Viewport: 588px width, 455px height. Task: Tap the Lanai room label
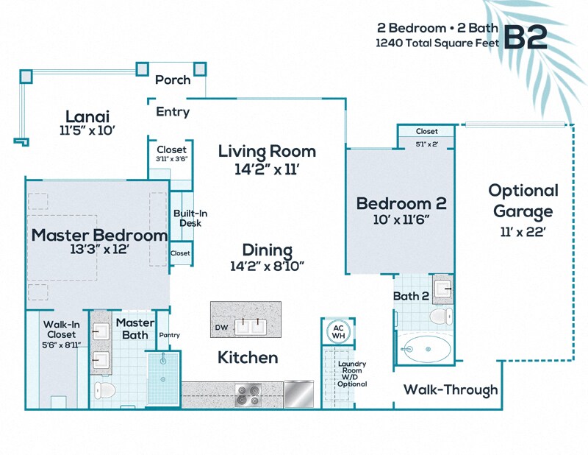[x=87, y=116]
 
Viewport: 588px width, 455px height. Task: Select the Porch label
[x=173, y=80]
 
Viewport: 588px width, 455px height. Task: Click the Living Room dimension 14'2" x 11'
[x=267, y=169]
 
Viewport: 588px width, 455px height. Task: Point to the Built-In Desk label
[x=187, y=218]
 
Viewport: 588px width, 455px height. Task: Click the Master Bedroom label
[x=99, y=236]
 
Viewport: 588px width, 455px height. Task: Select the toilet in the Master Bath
[x=103, y=389]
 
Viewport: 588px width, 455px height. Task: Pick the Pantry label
[x=168, y=335]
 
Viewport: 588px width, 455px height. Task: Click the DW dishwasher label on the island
[x=221, y=328]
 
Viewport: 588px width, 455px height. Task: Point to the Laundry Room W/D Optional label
[x=351, y=373]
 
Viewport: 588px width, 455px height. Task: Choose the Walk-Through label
[x=450, y=389]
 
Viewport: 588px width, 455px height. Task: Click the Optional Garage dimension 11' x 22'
[x=523, y=230]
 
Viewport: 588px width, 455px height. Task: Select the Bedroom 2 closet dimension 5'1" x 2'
[x=426, y=144]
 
